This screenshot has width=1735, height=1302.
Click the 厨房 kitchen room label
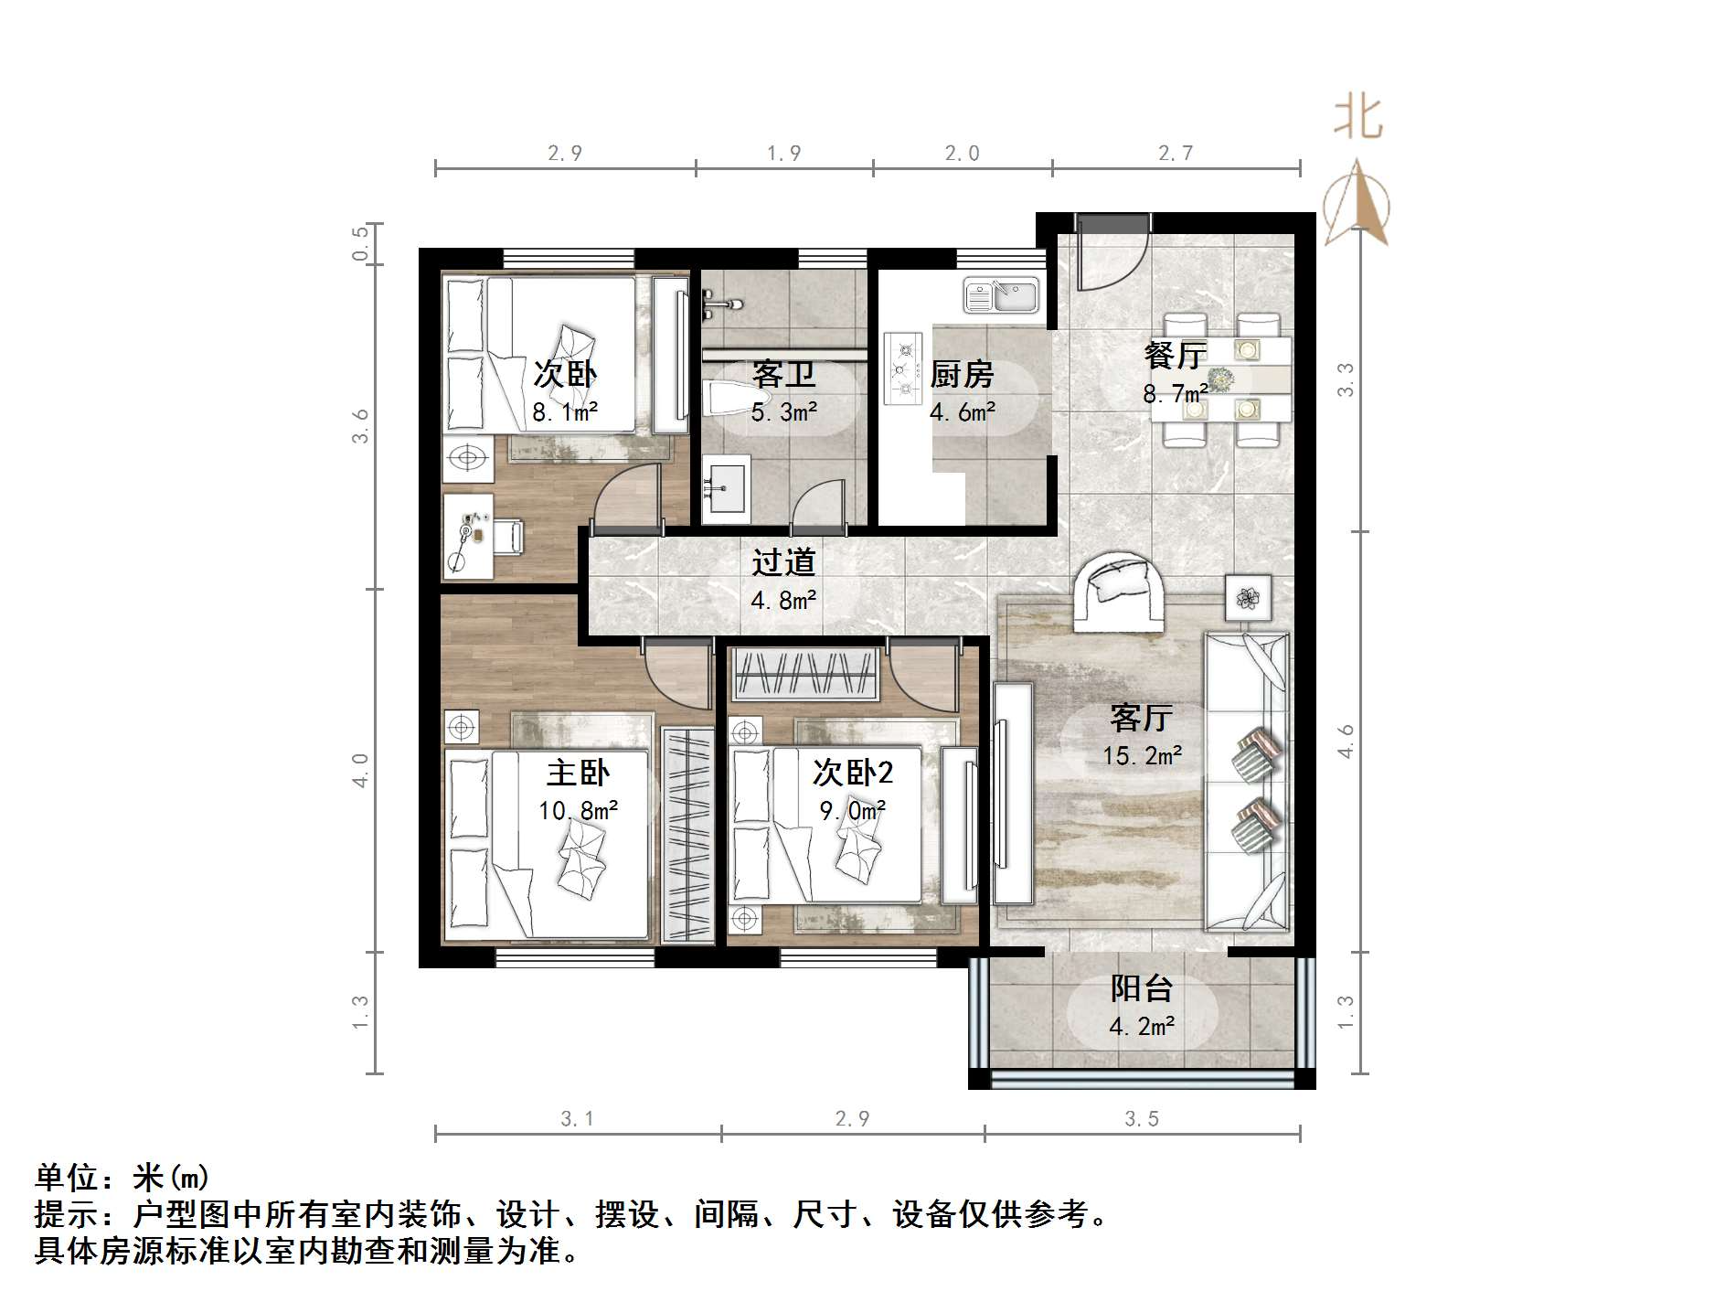point(962,375)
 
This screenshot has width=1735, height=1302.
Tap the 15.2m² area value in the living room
point(1142,756)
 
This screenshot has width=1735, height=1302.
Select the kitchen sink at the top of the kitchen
point(1001,295)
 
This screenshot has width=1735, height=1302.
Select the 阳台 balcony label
point(1141,989)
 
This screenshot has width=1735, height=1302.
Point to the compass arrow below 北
point(1357,206)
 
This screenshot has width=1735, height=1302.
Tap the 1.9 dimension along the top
point(783,154)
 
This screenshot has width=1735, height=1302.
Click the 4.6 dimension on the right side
point(1345,741)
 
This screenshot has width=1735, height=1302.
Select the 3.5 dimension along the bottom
point(1142,1119)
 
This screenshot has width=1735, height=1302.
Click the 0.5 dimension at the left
point(361,243)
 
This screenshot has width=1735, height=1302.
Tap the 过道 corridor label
point(783,562)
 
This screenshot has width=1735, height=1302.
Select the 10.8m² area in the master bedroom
point(578,810)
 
